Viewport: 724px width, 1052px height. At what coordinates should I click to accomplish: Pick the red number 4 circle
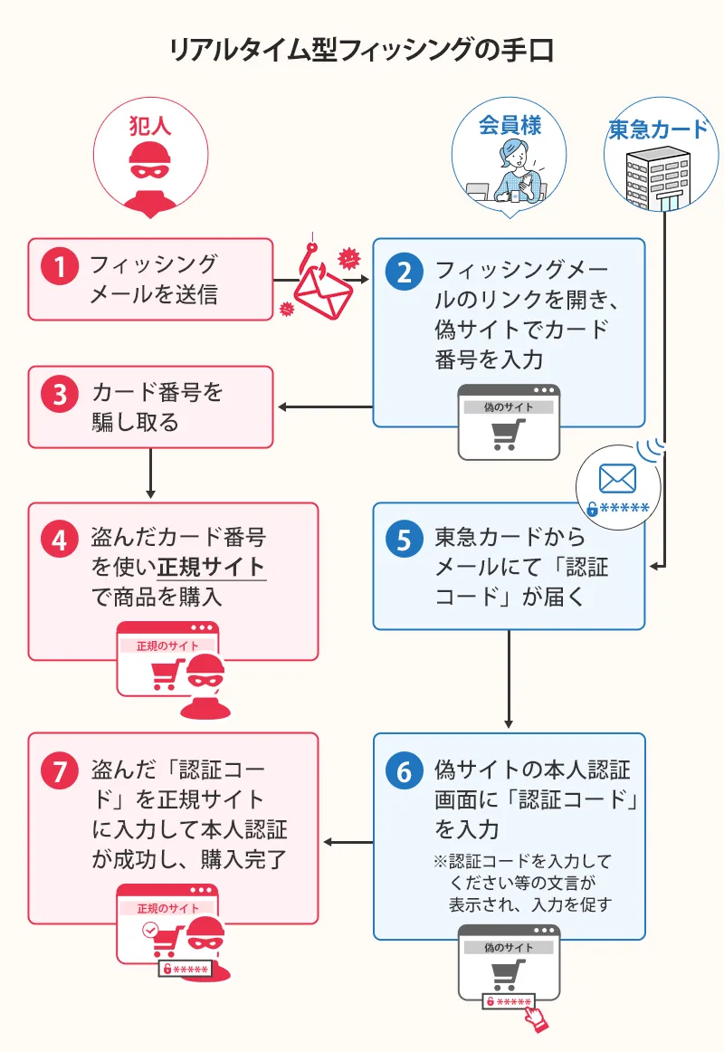[60, 540]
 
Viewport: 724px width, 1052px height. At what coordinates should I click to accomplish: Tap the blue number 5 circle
[405, 540]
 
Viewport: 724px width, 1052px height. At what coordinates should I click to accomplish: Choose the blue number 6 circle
[405, 770]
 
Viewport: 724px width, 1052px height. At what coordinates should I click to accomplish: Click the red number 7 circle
[60, 770]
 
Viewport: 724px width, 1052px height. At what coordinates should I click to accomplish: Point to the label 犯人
[150, 124]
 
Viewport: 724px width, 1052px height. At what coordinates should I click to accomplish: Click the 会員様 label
[510, 124]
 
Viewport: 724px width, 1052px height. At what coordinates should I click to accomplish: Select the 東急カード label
[658, 129]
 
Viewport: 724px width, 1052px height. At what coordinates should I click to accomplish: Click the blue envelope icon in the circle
[617, 479]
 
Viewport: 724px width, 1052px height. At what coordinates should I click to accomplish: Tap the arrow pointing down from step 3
[150, 473]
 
